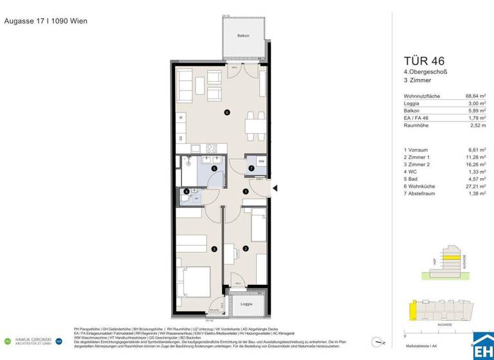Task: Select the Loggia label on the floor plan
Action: [246, 303]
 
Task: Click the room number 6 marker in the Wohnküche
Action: [226, 113]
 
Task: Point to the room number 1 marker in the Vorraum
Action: [245, 192]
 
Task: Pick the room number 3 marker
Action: [214, 249]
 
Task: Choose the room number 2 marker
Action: [245, 249]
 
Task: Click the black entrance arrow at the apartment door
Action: [275, 188]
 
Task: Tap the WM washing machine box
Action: [261, 161]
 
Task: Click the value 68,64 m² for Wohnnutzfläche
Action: [476, 96]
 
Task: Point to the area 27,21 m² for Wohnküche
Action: [477, 192]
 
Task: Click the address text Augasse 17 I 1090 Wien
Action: [46, 21]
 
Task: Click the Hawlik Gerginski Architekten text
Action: [33, 341]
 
